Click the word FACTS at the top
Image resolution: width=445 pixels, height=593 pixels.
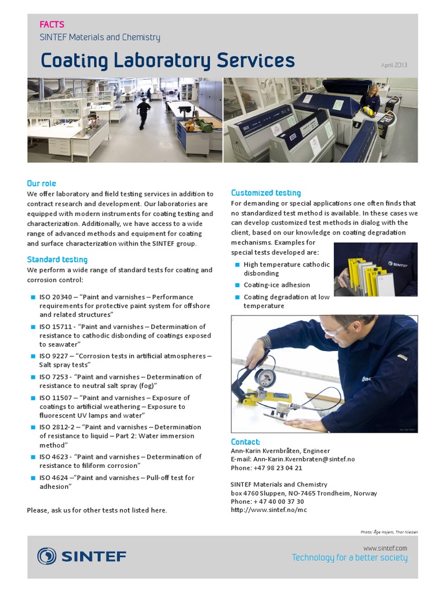pos(52,24)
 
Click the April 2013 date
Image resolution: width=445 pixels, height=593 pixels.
pos(394,65)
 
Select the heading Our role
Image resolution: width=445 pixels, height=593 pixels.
pos(41,183)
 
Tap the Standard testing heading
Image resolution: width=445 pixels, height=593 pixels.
pos(57,259)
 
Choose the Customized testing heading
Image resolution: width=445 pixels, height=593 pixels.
pos(266,193)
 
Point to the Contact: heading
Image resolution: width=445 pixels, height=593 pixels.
pos(246,442)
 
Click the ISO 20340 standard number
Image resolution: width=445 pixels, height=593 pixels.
pos(56,297)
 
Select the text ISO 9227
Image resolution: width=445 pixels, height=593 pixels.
pos(53,356)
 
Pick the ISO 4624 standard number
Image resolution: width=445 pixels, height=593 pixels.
pos(53,478)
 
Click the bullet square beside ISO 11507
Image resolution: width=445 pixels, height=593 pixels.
pos(33,398)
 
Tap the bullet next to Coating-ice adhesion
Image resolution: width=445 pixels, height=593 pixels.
pos(237,285)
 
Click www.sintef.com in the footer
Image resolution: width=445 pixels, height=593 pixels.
pos(385,548)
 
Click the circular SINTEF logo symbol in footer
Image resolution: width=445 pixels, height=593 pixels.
pos(47,557)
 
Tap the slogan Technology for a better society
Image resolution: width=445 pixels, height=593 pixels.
pos(349,558)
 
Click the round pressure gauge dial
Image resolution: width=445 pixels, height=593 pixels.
pos(265,378)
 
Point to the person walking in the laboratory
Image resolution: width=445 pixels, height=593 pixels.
pos(143,111)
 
